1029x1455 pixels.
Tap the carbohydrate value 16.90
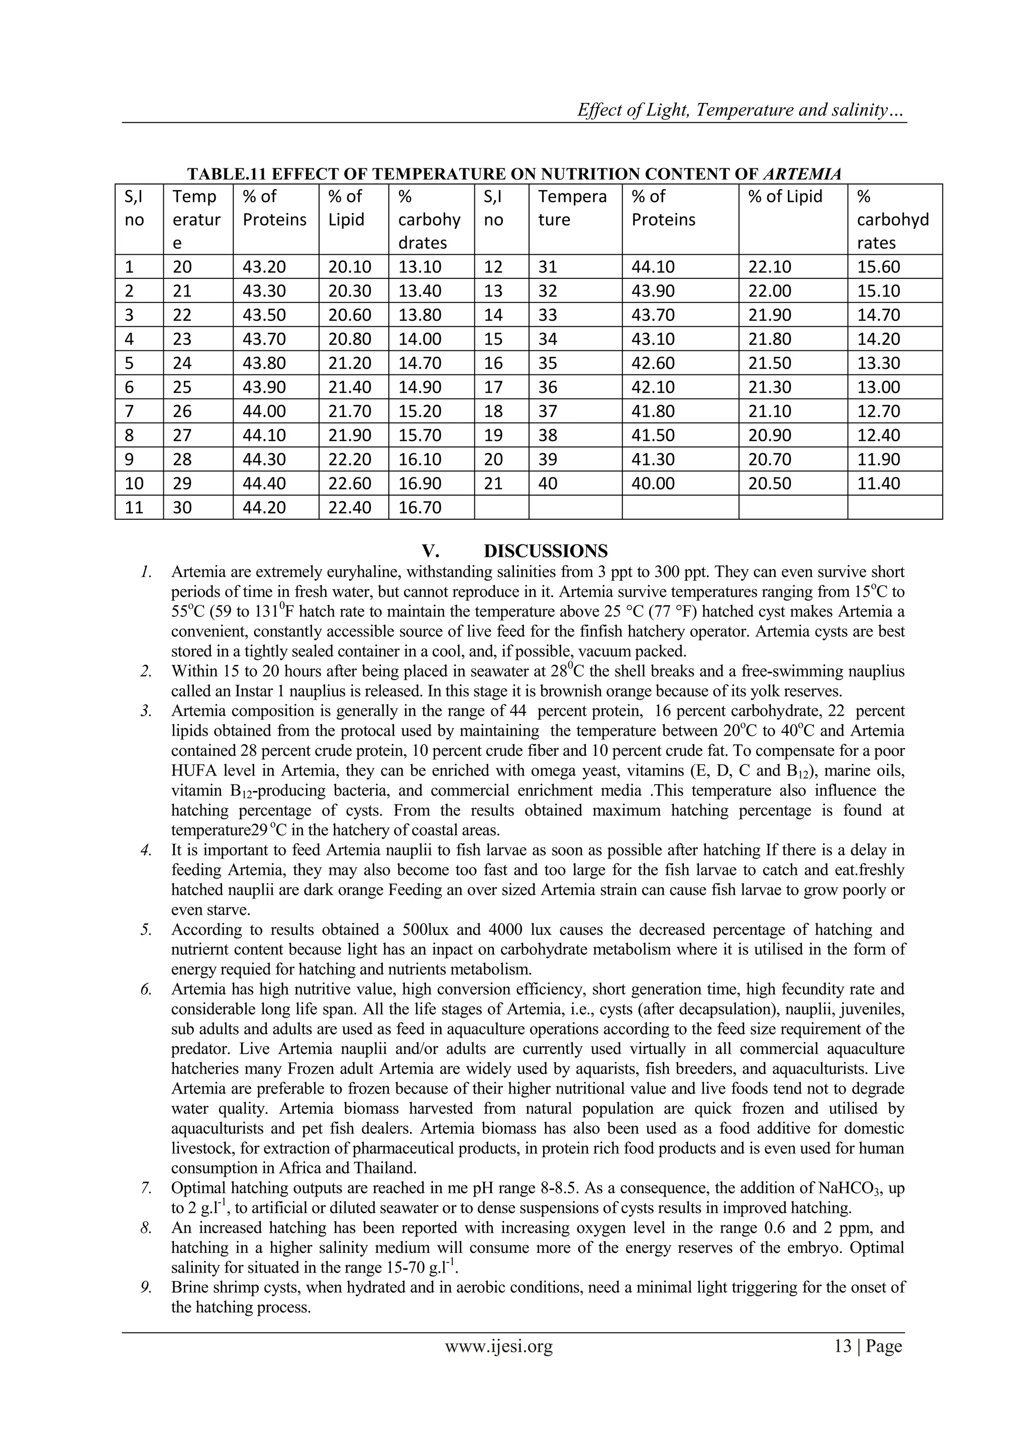[420, 483]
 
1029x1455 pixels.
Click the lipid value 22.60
[349, 483]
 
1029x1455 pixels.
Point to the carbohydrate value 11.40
[878, 483]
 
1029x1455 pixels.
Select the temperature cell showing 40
[548, 483]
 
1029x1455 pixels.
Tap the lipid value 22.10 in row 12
[770, 267]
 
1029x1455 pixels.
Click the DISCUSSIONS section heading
[545, 551]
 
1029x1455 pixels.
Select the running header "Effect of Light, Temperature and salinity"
[741, 110]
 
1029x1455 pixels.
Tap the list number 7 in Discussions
[146, 1188]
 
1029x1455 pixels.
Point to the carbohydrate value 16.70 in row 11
[420, 508]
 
